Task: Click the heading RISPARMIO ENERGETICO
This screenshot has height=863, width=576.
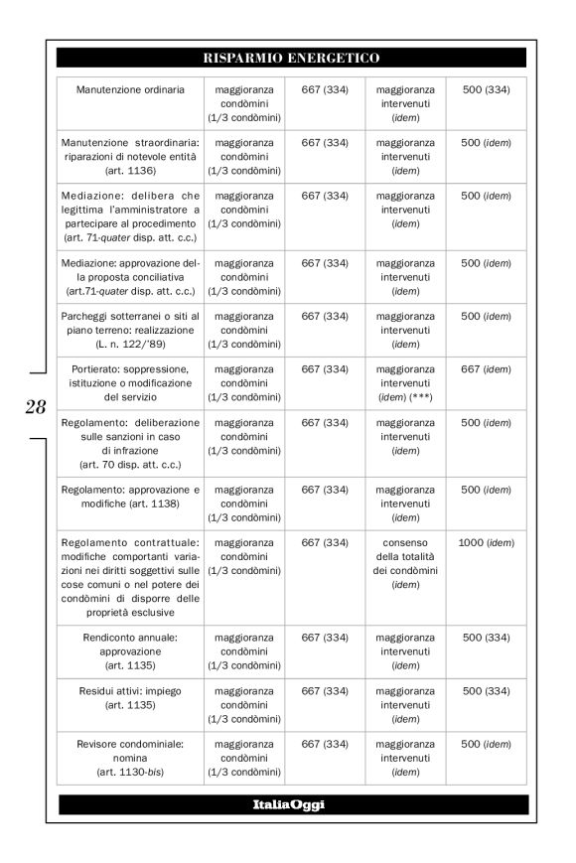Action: coord(291,58)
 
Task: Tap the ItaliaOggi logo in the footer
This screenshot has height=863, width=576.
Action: coord(291,804)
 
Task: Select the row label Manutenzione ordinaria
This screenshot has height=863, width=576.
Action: coord(130,90)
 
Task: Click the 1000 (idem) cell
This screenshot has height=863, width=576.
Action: coord(487,542)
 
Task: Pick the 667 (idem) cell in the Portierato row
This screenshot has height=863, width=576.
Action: coord(487,367)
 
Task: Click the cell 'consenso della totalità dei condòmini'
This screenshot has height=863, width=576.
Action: coord(405,563)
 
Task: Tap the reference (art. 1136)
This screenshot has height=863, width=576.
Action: coord(130,171)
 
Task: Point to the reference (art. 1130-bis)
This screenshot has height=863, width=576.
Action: coord(130,771)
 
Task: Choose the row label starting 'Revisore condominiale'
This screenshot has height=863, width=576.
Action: coord(130,743)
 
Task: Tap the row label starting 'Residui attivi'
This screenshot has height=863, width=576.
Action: coord(130,687)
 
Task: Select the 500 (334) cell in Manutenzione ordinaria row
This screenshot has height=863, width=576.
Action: coord(487,90)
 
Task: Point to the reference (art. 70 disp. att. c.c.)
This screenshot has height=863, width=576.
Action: coord(130,463)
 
